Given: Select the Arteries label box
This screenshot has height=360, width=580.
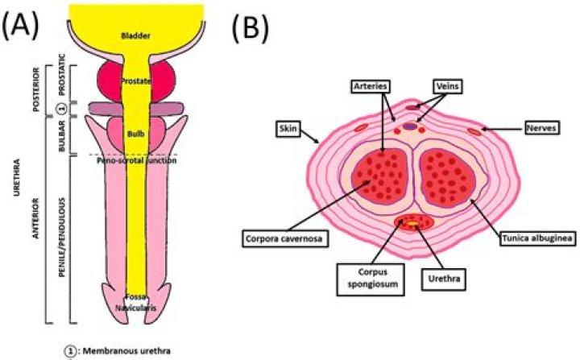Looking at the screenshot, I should tap(371, 86).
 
